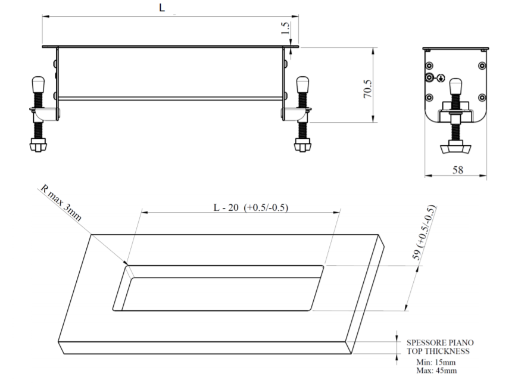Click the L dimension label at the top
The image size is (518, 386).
(x=162, y=7)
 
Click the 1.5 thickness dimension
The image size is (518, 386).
(x=285, y=28)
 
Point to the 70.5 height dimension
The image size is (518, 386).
(x=368, y=89)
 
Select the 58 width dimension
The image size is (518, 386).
(x=457, y=170)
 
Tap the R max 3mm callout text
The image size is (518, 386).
(x=61, y=203)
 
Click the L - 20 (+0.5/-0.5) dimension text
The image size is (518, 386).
(x=251, y=207)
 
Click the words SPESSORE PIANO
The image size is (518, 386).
(x=440, y=343)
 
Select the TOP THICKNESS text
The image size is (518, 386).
(x=438, y=351)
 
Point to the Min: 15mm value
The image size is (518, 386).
(x=436, y=362)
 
